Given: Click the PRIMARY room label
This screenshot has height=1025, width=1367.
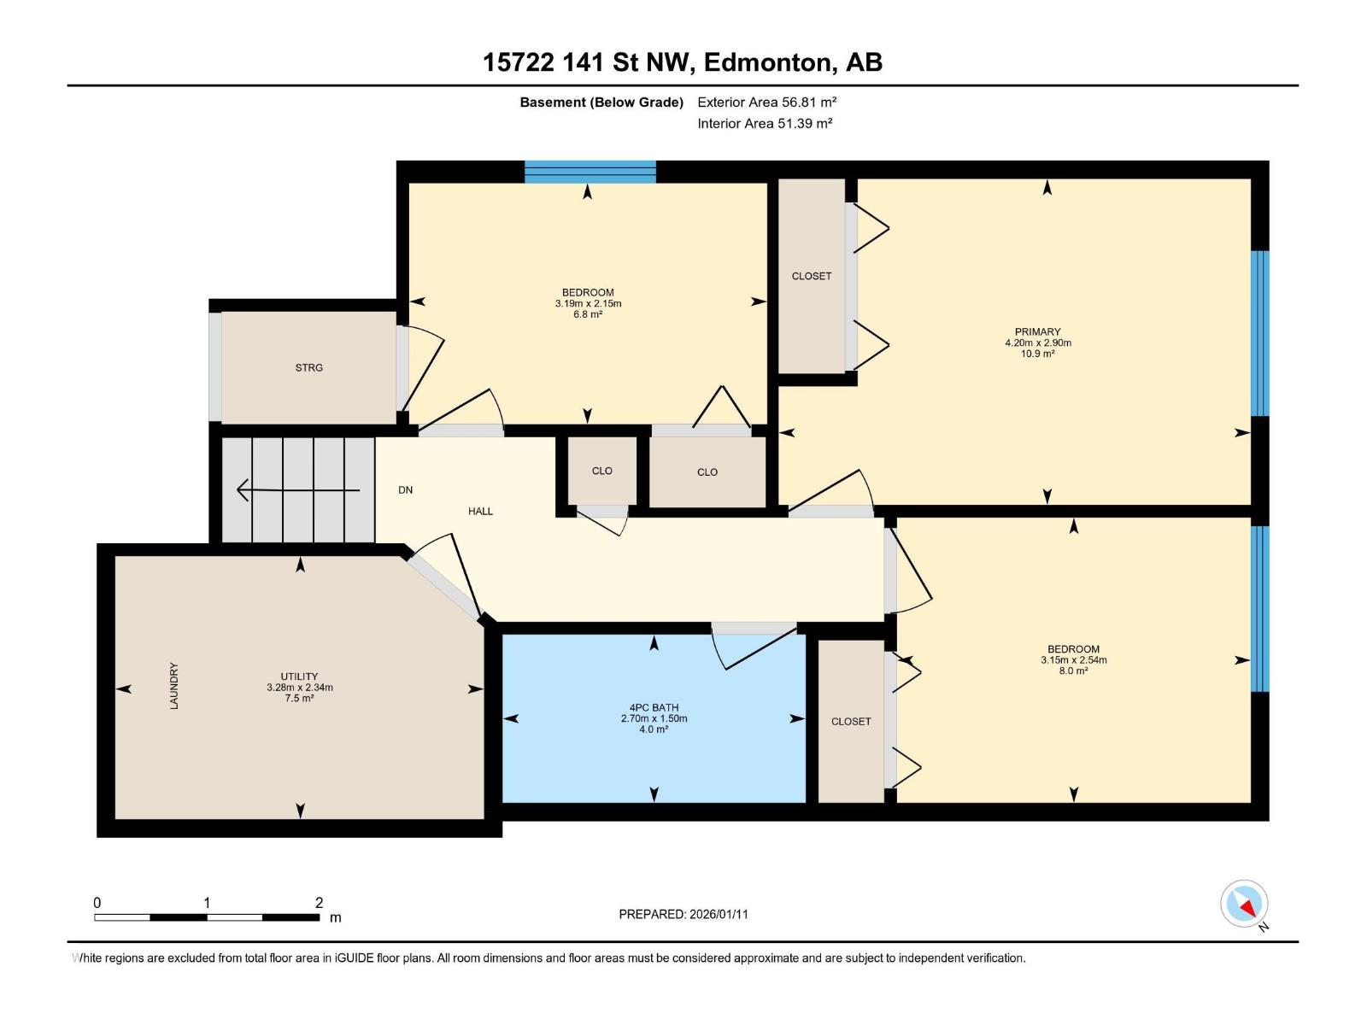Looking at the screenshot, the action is [1037, 331].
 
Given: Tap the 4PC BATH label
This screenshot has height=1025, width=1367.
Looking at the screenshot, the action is [654, 707].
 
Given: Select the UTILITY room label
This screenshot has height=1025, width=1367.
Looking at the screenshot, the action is [299, 676].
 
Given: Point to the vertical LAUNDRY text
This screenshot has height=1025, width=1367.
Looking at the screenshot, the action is [173, 686].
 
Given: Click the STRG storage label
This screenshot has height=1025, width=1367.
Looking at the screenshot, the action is [309, 368].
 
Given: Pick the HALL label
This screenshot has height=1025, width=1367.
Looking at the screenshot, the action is [480, 512].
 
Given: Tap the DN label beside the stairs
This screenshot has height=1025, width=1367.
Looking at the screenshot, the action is [406, 489].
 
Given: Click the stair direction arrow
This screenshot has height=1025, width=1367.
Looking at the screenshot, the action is [298, 490].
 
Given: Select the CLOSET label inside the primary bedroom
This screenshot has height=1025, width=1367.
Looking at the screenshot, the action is [812, 276].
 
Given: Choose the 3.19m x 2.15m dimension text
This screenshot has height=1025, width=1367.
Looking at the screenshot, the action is [588, 304].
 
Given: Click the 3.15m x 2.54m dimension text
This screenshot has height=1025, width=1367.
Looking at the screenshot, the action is [1073, 660].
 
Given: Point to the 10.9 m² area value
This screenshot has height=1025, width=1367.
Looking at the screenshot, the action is [1037, 354].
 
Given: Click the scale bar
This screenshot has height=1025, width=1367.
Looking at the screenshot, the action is [207, 917].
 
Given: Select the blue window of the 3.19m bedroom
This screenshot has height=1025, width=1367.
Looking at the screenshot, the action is [590, 172].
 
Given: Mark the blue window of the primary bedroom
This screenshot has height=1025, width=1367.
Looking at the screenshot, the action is [1260, 333].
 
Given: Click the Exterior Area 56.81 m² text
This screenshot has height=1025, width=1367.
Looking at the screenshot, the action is [766, 102].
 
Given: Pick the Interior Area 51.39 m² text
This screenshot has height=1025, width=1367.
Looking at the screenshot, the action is [765, 123].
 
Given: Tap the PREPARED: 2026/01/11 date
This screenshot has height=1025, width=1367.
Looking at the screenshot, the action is [683, 914].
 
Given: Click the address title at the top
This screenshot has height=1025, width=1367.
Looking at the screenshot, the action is [683, 62].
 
